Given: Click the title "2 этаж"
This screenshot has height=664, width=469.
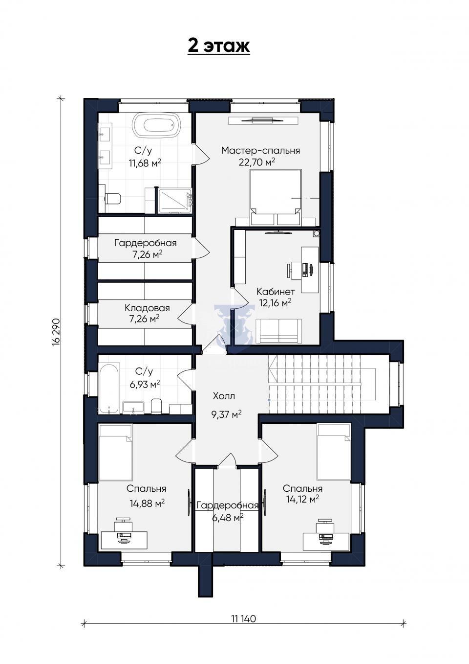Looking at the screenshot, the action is [x=219, y=46].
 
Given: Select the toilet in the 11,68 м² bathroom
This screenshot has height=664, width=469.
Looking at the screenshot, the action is [x=112, y=198].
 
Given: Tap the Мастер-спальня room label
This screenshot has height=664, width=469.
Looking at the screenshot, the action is [x=261, y=151].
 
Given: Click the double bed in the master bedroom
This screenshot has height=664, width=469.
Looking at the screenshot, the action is [x=276, y=197].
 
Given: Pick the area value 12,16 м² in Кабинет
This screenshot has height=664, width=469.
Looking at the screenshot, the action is [x=275, y=303].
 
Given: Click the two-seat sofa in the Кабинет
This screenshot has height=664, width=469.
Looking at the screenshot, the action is [x=279, y=331].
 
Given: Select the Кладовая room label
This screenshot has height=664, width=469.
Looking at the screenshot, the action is [x=147, y=308].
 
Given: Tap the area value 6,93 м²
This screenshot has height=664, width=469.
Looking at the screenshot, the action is [x=145, y=385].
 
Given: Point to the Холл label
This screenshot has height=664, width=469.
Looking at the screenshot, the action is [x=224, y=396].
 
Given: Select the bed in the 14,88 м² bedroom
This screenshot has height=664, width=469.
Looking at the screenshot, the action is [x=115, y=453].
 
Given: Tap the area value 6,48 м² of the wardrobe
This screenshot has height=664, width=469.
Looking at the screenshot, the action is [x=228, y=518].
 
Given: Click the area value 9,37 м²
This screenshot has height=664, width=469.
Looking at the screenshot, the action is [x=226, y=414].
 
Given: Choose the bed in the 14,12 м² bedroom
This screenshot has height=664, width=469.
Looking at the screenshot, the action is [x=334, y=452].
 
